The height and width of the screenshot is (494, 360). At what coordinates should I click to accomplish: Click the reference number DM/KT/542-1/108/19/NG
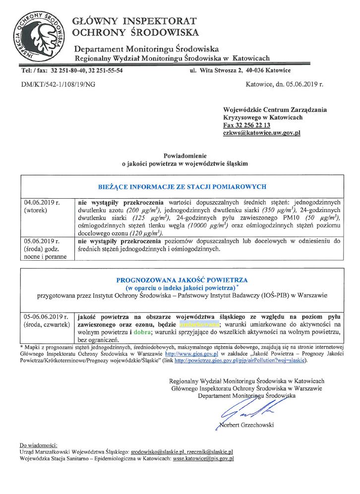click(x=59, y=84)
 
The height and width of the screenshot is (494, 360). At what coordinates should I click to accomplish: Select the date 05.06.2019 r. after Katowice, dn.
click(x=304, y=84)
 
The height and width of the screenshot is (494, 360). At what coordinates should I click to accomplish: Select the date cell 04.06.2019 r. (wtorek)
click(x=42, y=207)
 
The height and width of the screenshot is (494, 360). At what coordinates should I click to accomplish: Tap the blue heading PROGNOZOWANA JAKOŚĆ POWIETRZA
click(x=182, y=279)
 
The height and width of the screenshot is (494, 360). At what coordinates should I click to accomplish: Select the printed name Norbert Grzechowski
click(x=245, y=425)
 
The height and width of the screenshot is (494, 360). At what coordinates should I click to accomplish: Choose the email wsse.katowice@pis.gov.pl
click(x=203, y=459)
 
